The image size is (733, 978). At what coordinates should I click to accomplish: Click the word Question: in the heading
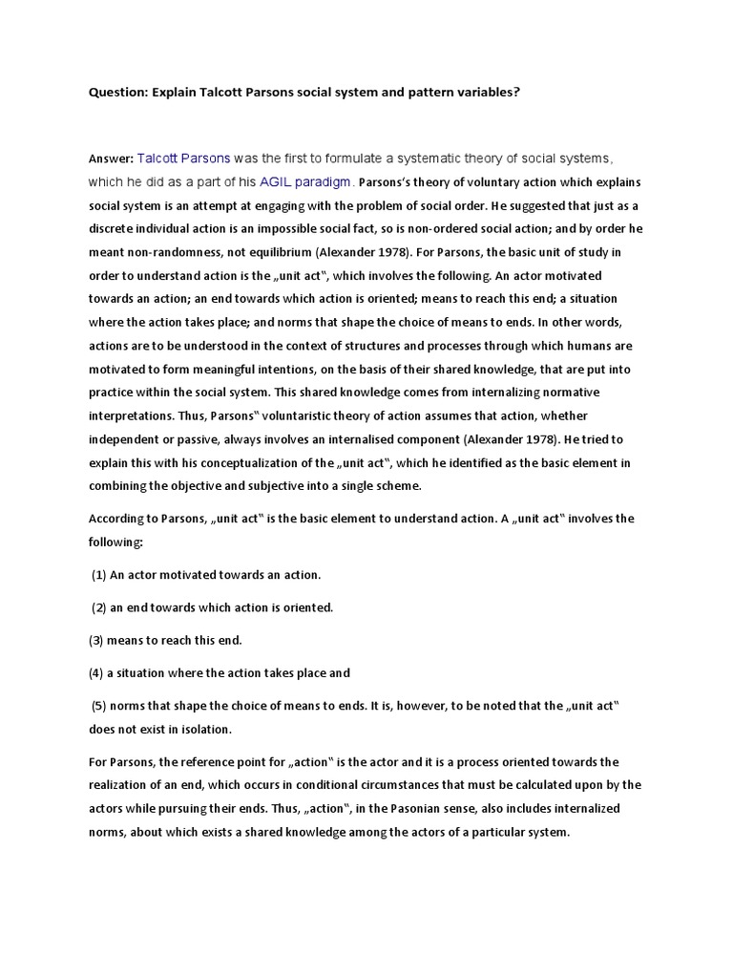[120, 94]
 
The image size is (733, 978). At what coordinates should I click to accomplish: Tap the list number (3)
[97, 640]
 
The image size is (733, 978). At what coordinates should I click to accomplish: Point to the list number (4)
[97, 672]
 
